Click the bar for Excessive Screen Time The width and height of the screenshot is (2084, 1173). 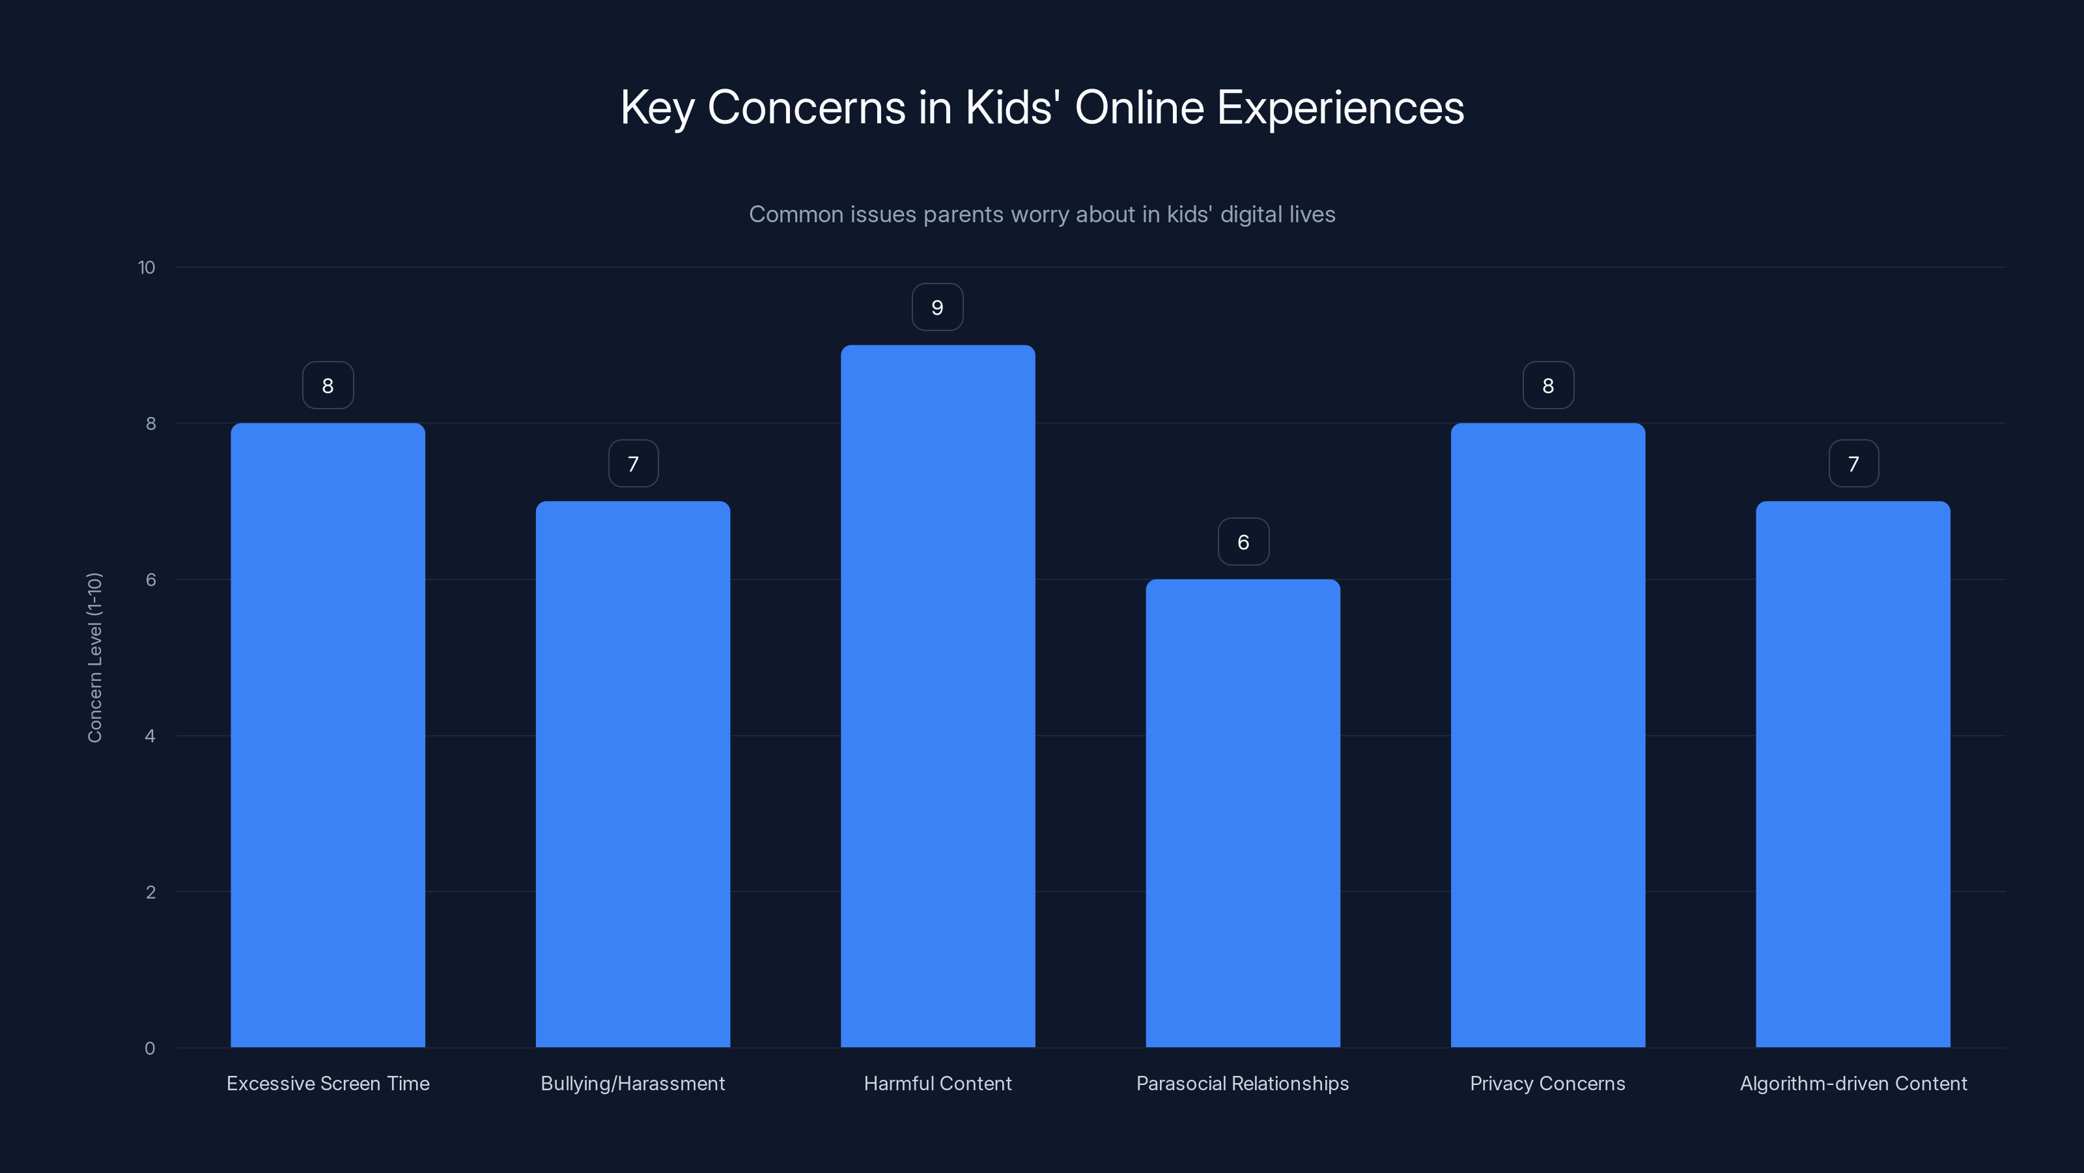(x=328, y=735)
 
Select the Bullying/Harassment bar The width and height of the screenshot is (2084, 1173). (x=632, y=774)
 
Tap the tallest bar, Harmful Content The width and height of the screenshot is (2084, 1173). (x=938, y=696)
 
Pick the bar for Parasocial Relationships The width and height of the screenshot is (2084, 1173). (x=1243, y=813)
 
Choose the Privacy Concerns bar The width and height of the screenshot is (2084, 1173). (x=1547, y=735)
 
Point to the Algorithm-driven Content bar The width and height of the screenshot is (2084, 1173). (x=1853, y=774)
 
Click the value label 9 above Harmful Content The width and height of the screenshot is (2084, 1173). (x=938, y=308)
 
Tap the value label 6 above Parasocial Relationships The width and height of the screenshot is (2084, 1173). (x=1243, y=542)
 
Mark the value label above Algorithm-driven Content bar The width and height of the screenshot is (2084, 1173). (x=1853, y=464)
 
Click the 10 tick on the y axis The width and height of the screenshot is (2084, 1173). (x=147, y=268)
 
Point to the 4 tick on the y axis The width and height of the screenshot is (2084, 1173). (x=150, y=736)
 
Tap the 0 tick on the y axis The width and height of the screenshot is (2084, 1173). (x=150, y=1049)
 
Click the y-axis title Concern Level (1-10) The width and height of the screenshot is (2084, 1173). (x=94, y=658)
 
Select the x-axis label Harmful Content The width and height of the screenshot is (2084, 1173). (x=938, y=1083)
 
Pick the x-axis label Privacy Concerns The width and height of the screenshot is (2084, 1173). (x=1547, y=1083)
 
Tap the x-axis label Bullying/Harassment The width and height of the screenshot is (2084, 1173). (x=632, y=1083)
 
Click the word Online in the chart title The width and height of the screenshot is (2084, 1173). (x=1139, y=108)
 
